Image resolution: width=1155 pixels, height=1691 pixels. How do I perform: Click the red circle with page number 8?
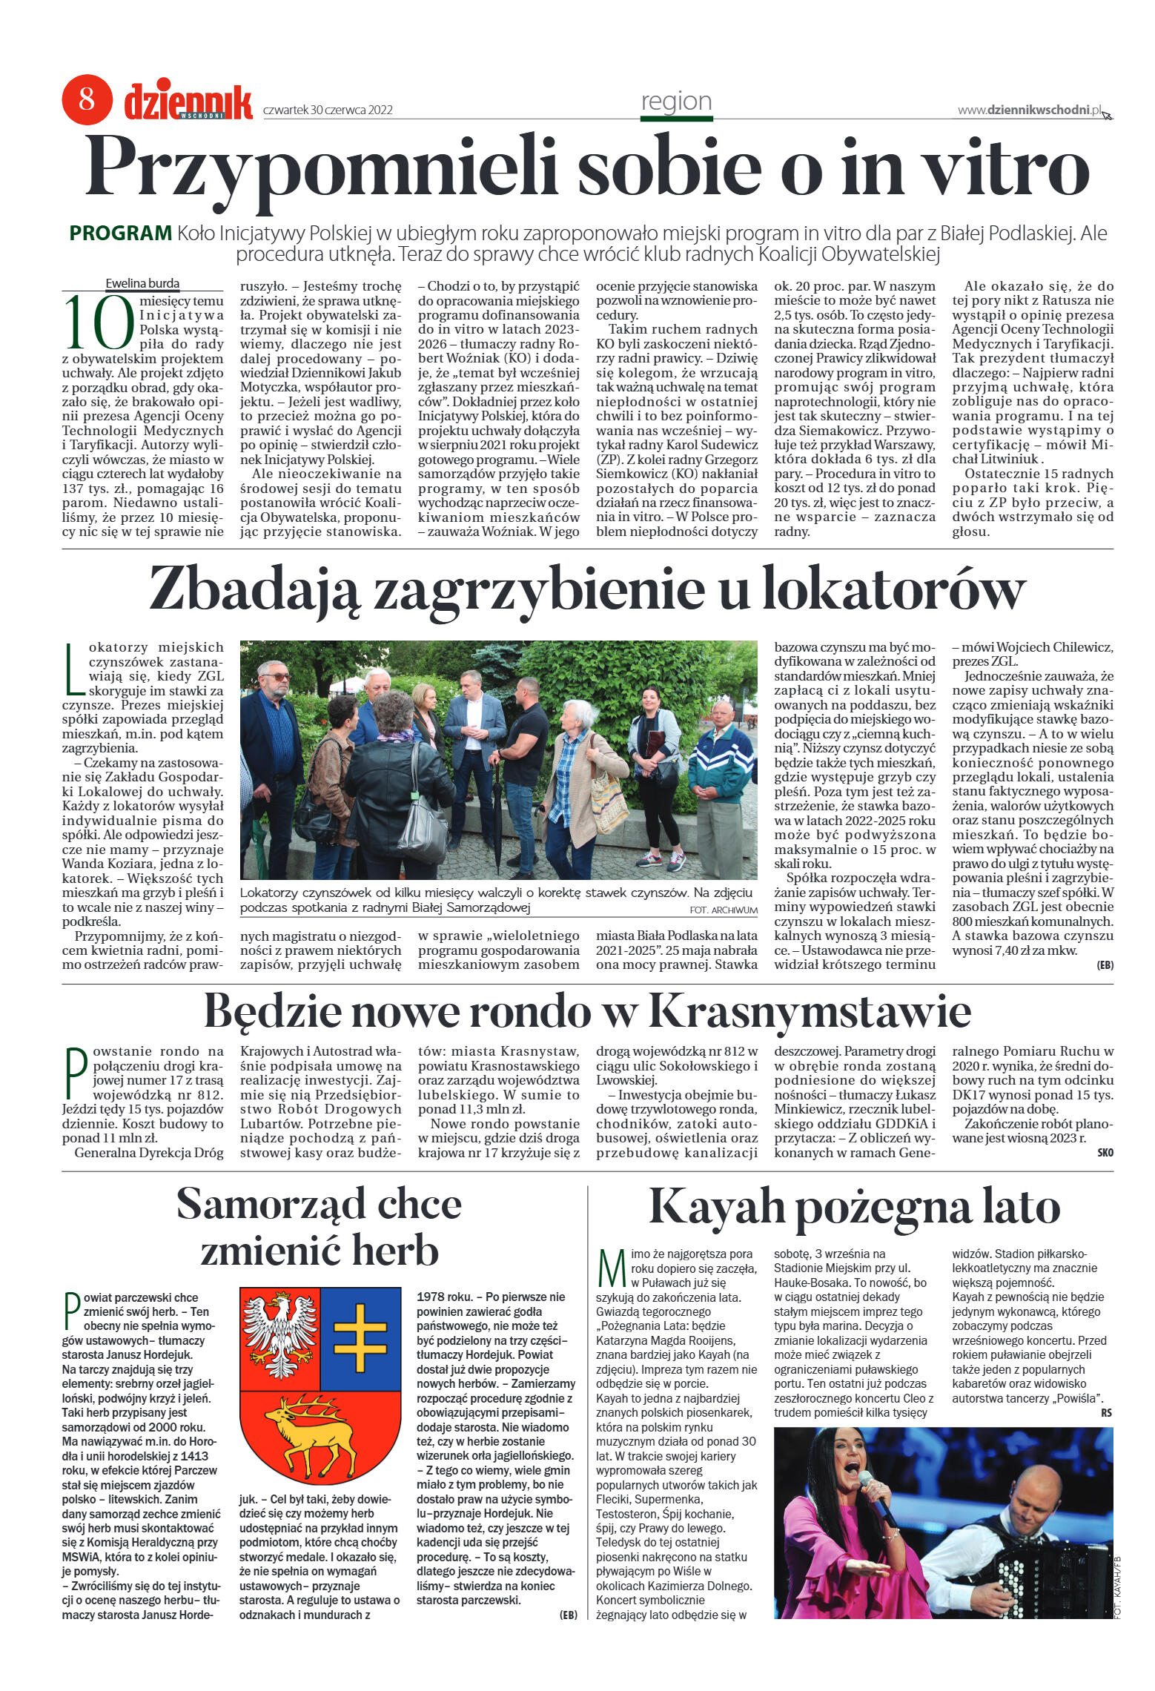pyautogui.click(x=87, y=99)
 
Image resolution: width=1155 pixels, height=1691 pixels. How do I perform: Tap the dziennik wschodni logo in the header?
pyautogui.click(x=188, y=102)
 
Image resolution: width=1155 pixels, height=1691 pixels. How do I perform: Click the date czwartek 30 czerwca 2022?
pyautogui.click(x=328, y=110)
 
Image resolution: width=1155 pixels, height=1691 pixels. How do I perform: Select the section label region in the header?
pyautogui.click(x=676, y=102)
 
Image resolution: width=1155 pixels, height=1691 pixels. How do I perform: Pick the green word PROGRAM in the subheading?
pyautogui.click(x=120, y=234)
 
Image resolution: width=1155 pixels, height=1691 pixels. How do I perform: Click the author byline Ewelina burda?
pyautogui.click(x=142, y=283)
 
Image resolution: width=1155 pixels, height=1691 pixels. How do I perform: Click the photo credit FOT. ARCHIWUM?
pyautogui.click(x=723, y=910)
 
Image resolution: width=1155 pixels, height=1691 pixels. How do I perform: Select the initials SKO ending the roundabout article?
pyautogui.click(x=1105, y=1153)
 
